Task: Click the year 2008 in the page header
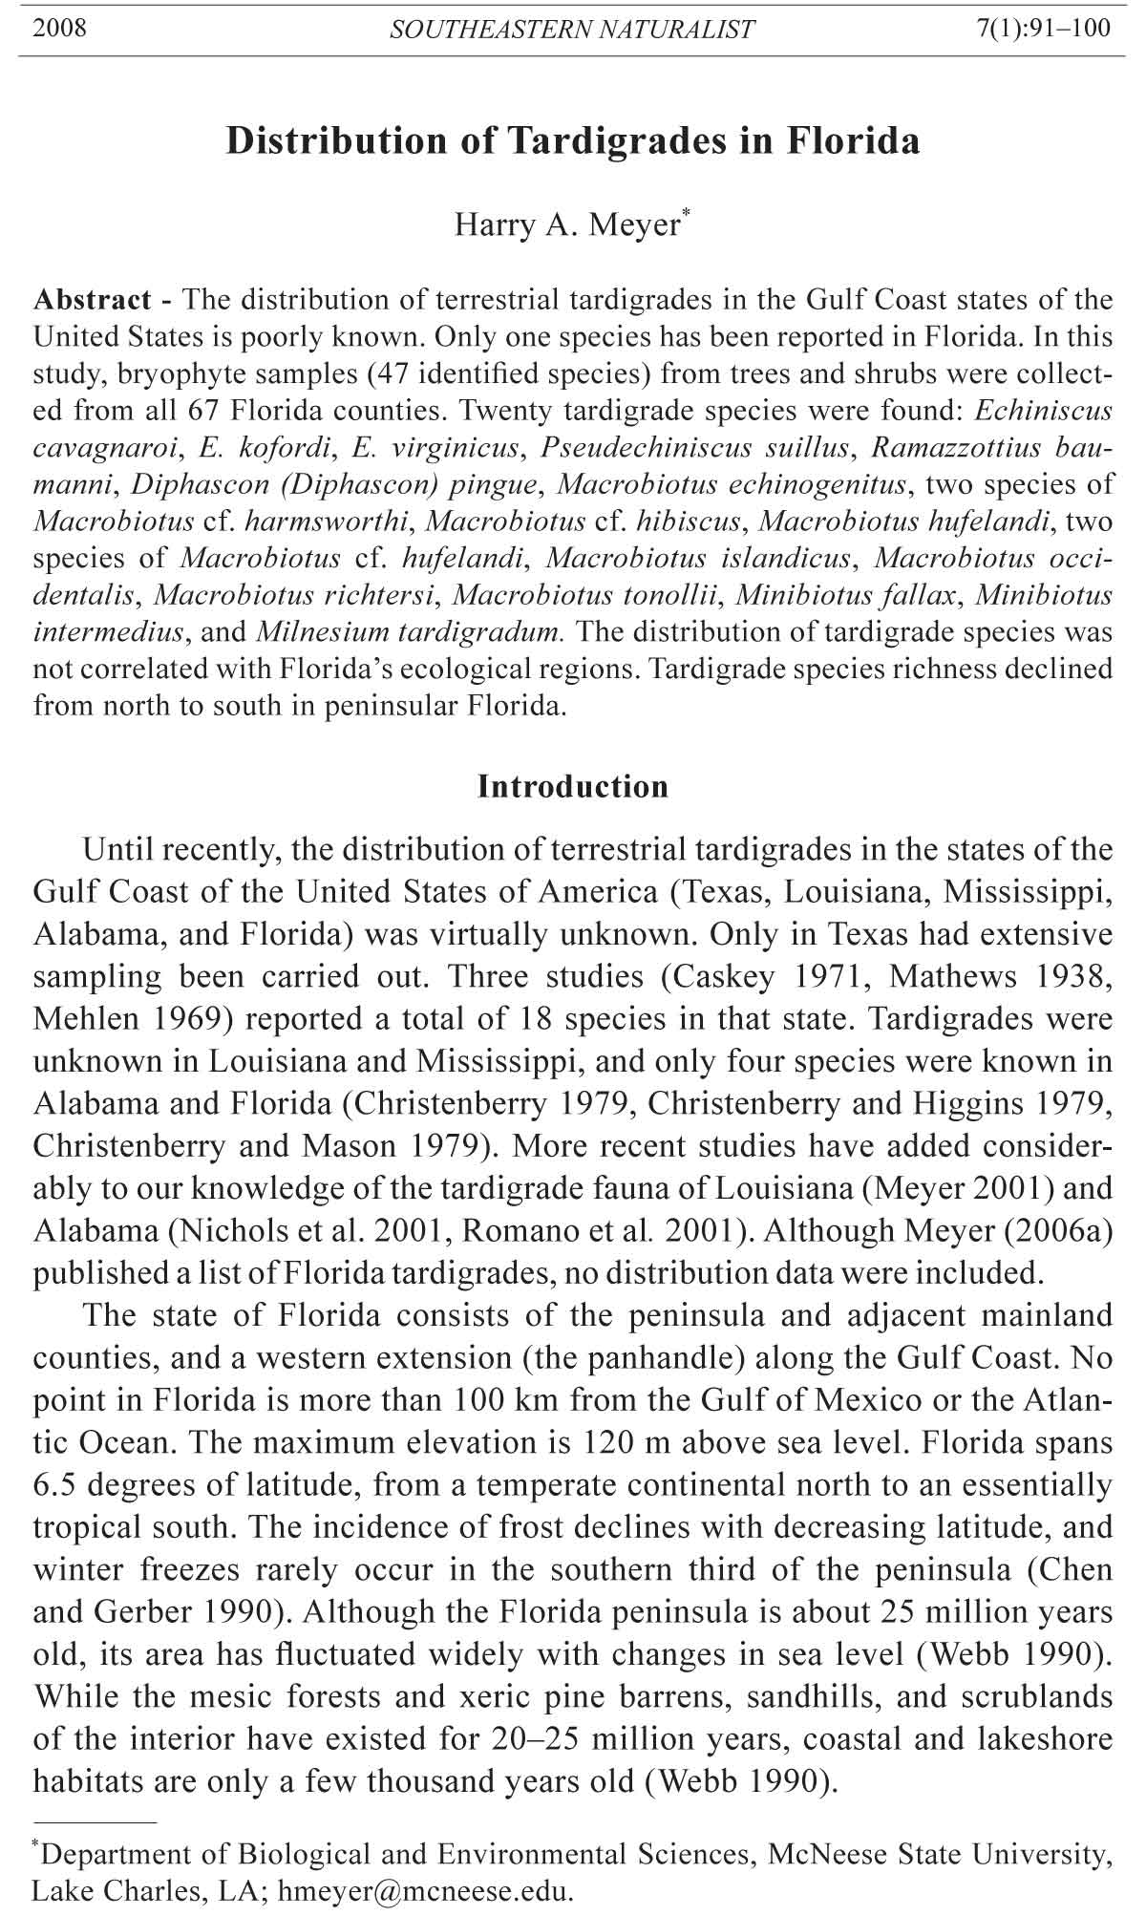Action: pyautogui.click(x=59, y=28)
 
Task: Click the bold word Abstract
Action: pyautogui.click(x=92, y=300)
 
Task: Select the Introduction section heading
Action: pyautogui.click(x=573, y=787)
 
